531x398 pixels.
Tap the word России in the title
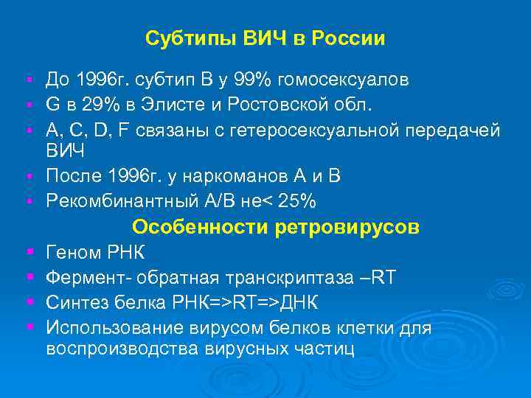pyautogui.click(x=349, y=38)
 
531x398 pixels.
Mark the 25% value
pyautogui.click(x=302, y=202)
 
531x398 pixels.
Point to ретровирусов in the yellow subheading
pyautogui.click(x=347, y=228)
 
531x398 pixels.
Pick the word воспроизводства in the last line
pyautogui.click(x=119, y=349)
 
